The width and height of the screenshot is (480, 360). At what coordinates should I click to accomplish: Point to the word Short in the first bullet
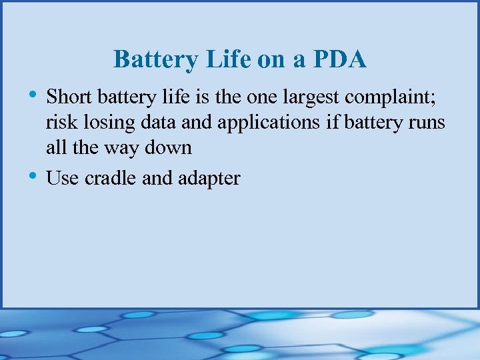point(69,97)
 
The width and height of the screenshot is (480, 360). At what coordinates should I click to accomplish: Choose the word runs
point(426,122)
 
